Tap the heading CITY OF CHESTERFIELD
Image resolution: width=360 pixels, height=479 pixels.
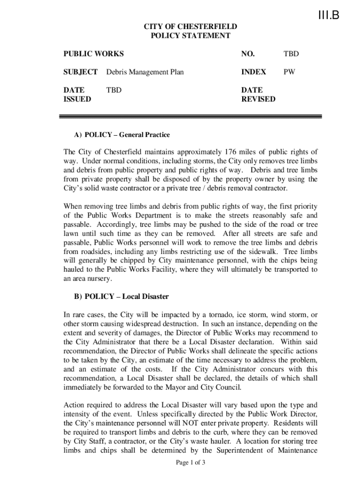coord(190,27)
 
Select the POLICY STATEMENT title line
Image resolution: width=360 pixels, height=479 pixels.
coord(190,36)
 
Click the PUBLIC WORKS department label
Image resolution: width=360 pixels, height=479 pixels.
coord(94,54)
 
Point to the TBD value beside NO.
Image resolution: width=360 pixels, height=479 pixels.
coord(291,54)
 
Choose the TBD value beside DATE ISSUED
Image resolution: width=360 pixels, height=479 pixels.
coord(114,90)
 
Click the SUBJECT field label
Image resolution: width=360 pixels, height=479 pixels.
coord(80,72)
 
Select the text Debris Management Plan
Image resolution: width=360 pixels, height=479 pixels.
coord(145,72)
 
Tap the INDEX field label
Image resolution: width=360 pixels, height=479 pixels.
coord(253,72)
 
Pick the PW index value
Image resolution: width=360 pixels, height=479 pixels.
coord(289,72)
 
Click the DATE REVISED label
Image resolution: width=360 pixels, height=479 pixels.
coord(258,94)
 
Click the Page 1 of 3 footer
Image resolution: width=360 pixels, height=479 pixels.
coord(190,463)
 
